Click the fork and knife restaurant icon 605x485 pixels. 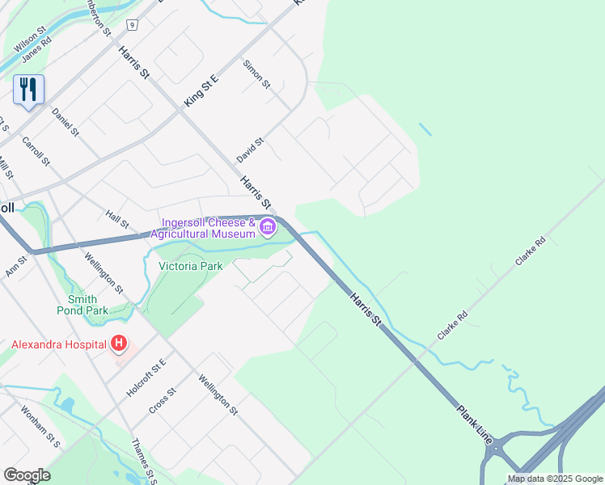click(x=28, y=90)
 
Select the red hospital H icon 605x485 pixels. click(x=119, y=344)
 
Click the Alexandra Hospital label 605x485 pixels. click(x=58, y=344)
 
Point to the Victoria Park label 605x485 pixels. click(x=190, y=265)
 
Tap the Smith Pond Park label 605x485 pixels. click(x=82, y=305)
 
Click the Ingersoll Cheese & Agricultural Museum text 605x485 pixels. click(x=209, y=228)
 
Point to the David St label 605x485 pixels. click(x=251, y=150)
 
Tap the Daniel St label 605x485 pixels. click(x=65, y=121)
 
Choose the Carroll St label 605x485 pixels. click(x=36, y=151)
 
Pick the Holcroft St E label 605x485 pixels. click(x=146, y=377)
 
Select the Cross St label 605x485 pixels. click(x=163, y=401)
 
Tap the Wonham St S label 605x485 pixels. click(x=41, y=426)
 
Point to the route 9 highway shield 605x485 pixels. click(x=131, y=25)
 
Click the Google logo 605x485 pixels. click(x=27, y=475)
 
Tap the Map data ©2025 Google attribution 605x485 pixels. click(x=555, y=479)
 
